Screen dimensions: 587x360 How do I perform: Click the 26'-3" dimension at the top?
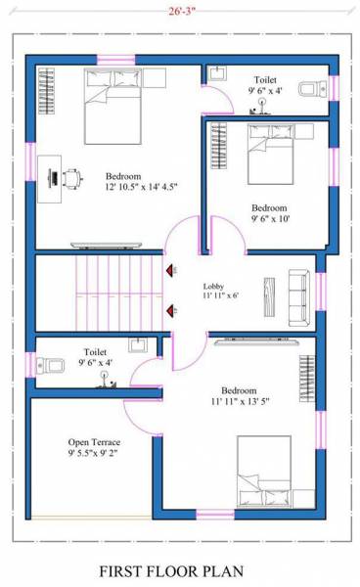[x=182, y=12]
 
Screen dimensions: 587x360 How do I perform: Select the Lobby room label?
[x=213, y=286]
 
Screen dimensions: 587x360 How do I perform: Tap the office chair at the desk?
[x=71, y=177]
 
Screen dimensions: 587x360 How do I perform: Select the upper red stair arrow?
[x=171, y=269]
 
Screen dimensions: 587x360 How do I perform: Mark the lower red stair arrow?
[x=171, y=311]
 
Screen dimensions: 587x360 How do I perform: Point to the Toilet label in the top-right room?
[x=265, y=79]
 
